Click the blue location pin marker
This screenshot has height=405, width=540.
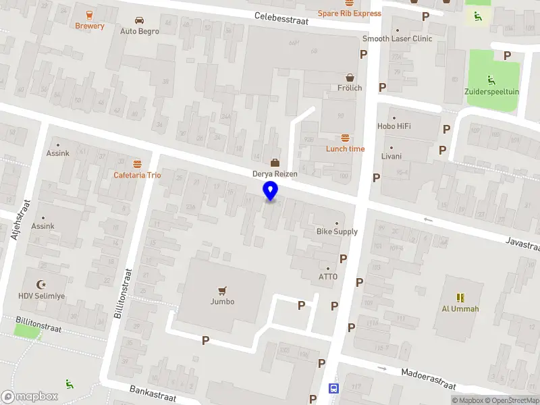click(271, 191)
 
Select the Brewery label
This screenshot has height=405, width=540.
click(90, 26)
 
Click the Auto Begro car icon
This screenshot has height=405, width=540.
click(139, 20)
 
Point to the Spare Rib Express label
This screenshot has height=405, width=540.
click(350, 13)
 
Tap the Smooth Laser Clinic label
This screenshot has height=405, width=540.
click(397, 38)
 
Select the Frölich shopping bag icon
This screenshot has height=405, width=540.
click(350, 77)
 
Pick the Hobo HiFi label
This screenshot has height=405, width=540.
click(394, 126)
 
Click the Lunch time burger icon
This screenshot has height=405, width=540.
click(346, 138)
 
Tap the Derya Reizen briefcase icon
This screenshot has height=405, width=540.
click(275, 162)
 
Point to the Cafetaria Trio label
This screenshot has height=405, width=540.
click(137, 175)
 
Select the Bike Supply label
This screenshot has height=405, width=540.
click(337, 232)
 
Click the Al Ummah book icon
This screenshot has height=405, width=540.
click(460, 297)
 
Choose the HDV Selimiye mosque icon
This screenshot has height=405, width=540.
click(43, 284)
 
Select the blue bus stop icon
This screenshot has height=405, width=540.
click(333, 389)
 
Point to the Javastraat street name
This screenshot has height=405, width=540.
click(522, 245)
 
